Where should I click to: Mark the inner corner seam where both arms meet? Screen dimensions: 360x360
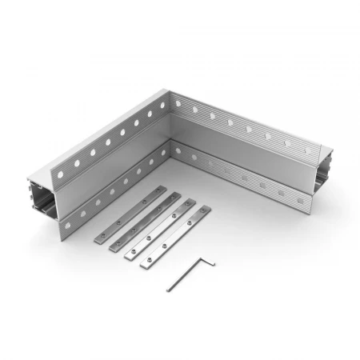(x=171, y=142)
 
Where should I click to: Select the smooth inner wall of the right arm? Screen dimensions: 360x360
(x=240, y=156)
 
